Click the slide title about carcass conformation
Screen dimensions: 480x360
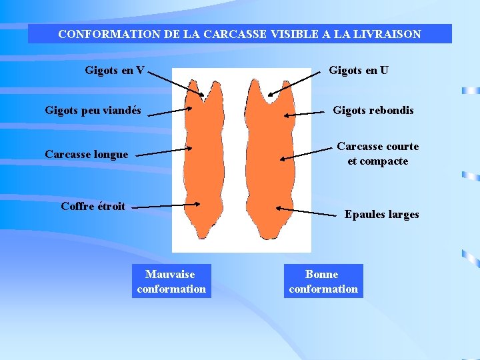[239, 34]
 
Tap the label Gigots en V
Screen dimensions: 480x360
[115, 70]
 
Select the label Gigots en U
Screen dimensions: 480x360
[359, 70]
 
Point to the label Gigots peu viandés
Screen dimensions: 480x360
[93, 111]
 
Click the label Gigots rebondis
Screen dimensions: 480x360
[373, 111]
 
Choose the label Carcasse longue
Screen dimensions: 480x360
[86, 155]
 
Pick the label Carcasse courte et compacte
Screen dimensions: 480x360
[377, 154]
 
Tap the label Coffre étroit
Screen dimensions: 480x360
[93, 207]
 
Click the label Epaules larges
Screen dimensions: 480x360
[381, 215]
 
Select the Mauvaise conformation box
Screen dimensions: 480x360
[171, 281]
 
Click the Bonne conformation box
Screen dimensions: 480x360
[323, 281]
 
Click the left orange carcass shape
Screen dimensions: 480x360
[203, 160]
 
